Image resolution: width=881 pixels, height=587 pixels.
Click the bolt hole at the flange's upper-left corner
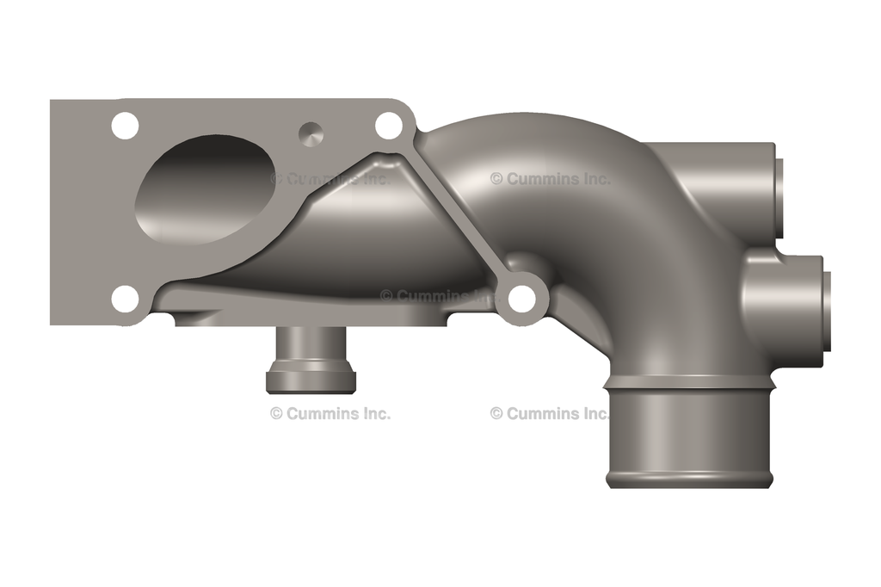click(x=126, y=126)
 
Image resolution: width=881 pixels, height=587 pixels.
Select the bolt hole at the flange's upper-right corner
click(x=389, y=126)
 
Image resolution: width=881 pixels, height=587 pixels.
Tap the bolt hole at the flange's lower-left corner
click(x=126, y=299)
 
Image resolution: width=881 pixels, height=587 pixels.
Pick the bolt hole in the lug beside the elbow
click(x=522, y=299)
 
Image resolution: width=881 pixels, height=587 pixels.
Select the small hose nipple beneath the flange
click(x=310, y=357)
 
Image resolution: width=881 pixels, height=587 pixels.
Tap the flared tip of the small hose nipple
click(x=310, y=380)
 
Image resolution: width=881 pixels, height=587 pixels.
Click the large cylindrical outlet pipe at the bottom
click(x=688, y=435)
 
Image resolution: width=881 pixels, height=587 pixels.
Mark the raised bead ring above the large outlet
click(x=688, y=380)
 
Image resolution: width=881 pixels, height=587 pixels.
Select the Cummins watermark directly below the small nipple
click(x=330, y=413)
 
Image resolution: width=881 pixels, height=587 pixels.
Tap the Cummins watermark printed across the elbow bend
click(x=551, y=179)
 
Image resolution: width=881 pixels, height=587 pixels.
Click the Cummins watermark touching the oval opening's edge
click(x=330, y=179)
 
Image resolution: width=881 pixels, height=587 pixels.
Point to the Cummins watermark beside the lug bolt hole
click(x=439, y=296)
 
